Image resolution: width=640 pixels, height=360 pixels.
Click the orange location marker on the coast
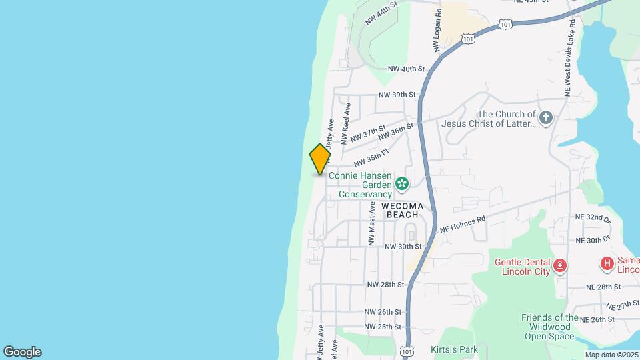[320, 159]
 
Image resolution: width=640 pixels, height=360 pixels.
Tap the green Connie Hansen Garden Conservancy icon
[402, 183]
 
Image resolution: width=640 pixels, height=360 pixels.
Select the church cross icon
[546, 119]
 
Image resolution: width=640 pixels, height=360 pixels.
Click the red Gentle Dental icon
[560, 267]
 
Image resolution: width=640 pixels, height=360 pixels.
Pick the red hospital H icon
[607, 264]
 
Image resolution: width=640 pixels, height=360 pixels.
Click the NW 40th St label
[406, 69]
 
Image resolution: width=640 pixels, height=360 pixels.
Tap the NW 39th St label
[397, 95]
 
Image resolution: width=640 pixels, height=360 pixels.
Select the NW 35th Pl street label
[371, 158]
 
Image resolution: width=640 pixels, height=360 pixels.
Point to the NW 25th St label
[383, 327]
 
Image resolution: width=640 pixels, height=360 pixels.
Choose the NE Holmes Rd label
[463, 224]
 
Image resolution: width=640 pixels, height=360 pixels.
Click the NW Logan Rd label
[437, 31]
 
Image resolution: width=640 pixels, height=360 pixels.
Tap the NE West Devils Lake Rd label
[569, 57]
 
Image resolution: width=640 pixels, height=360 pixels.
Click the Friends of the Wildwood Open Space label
[549, 327]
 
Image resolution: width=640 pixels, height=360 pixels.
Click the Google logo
[22, 352]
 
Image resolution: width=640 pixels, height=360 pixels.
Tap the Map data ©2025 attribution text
[611, 355]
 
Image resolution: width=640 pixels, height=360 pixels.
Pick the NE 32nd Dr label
[592, 219]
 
